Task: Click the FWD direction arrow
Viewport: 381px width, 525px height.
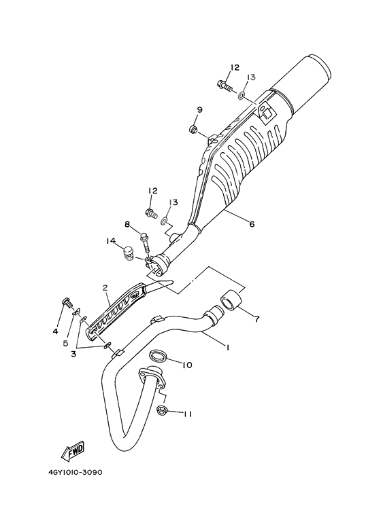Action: click(x=73, y=451)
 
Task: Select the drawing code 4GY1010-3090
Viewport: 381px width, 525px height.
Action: click(x=75, y=473)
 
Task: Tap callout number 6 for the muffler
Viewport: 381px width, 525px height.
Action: click(x=252, y=223)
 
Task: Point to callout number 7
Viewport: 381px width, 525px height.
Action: click(x=256, y=319)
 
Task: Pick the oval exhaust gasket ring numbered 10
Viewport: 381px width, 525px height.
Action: click(x=158, y=357)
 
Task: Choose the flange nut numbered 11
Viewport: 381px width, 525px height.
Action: click(x=163, y=410)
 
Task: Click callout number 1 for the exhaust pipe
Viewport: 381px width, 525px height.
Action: click(x=228, y=348)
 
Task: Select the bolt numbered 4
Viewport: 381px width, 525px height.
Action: click(x=67, y=303)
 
